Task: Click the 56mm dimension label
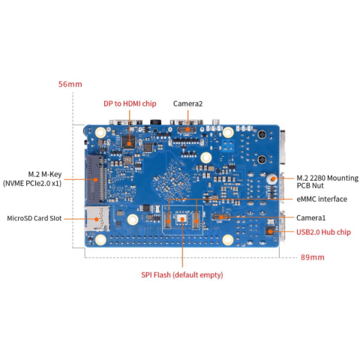(70, 84)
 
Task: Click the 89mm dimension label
(312, 257)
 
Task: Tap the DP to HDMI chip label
(130, 103)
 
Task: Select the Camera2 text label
(187, 103)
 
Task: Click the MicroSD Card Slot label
(34, 218)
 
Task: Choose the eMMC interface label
(322, 199)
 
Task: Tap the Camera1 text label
(311, 218)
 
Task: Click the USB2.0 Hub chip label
(323, 232)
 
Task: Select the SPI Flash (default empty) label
(182, 274)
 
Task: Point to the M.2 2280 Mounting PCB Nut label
(328, 181)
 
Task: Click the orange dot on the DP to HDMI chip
(129, 144)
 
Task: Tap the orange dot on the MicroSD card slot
(96, 219)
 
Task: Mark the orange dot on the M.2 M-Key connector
(95, 179)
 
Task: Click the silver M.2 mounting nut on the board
(272, 178)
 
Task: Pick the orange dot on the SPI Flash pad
(182, 219)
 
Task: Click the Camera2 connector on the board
(187, 130)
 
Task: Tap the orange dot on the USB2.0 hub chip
(270, 231)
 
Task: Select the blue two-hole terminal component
(229, 145)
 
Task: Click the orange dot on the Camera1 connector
(221, 217)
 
